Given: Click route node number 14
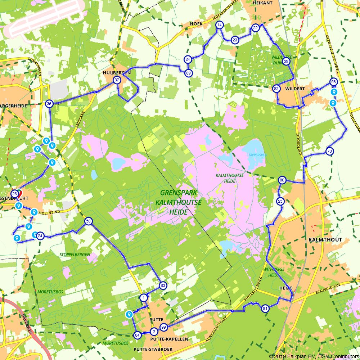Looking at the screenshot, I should pyautogui.click(x=219, y=25).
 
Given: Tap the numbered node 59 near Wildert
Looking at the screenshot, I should pyautogui.click(x=286, y=61).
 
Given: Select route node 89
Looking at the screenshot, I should pyautogui.click(x=188, y=73).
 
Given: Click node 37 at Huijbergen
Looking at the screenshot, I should pyautogui.click(x=117, y=80).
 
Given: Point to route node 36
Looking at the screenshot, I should pyautogui.click(x=49, y=104).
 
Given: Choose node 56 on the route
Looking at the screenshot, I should pyautogui.click(x=88, y=221).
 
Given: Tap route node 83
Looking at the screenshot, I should pyautogui.click(x=163, y=285).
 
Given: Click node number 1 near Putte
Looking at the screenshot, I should pyautogui.click(x=144, y=297).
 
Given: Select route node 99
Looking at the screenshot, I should pyautogui.click(x=164, y=327).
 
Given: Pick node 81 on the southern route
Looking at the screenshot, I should pyautogui.click(x=265, y=309).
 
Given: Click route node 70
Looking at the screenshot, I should pyautogui.click(x=329, y=152).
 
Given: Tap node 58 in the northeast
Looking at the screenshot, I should pyautogui.click(x=334, y=82).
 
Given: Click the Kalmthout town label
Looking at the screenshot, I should pyautogui.click(x=325, y=239).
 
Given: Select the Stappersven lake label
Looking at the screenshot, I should pyautogui.click(x=256, y=155).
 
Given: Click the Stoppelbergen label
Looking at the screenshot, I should pyautogui.click(x=75, y=255).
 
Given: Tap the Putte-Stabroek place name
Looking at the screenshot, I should pyautogui.click(x=153, y=349).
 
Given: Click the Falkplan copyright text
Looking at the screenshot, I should pyautogui.click(x=313, y=356).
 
